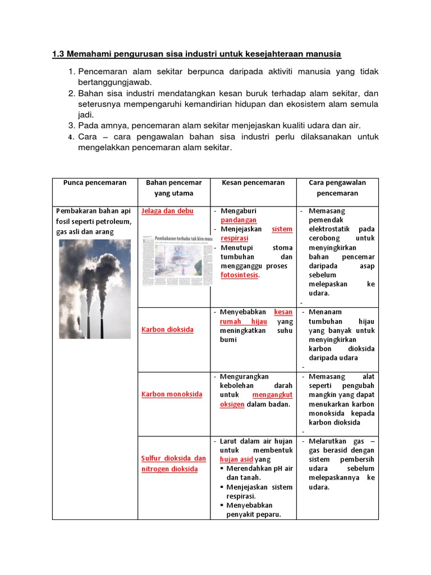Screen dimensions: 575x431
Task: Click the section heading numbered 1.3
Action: tap(196, 54)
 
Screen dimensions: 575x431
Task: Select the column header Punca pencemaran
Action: tap(95, 182)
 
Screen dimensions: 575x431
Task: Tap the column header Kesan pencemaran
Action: tap(253, 182)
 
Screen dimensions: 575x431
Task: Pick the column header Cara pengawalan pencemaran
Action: tap(337, 188)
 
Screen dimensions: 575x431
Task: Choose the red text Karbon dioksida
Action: tap(167, 330)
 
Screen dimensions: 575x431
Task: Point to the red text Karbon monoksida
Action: tap(172, 394)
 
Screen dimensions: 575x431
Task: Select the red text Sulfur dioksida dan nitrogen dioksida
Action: tap(173, 464)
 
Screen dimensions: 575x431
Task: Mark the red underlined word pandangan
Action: tap(239, 220)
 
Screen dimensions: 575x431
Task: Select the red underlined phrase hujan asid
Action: tap(236, 459)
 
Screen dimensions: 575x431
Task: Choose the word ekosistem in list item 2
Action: tap(301, 104)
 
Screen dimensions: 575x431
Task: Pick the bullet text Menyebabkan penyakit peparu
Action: tap(253, 510)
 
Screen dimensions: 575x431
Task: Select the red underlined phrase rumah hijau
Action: tap(243, 321)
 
